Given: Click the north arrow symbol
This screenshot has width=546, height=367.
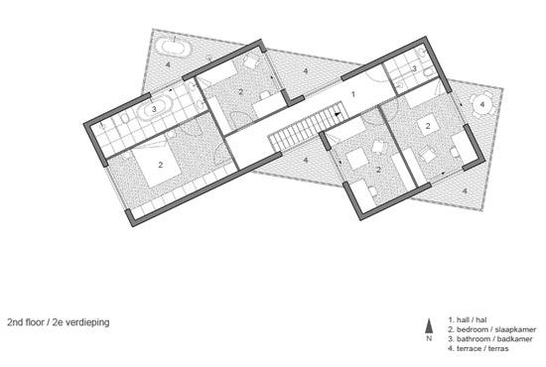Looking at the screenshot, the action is coord(429,326).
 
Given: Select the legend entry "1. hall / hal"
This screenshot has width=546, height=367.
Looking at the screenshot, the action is coord(468,319).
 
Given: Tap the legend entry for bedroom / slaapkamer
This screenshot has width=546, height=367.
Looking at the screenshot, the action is coord(492,329).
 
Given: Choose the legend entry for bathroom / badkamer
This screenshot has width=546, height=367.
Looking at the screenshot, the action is coord(490,339).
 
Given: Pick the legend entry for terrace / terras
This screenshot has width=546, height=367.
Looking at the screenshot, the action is coord(478,348).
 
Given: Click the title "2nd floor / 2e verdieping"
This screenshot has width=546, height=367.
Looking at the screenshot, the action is coord(59,322).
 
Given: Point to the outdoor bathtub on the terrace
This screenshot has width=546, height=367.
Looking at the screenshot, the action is coord(173,47).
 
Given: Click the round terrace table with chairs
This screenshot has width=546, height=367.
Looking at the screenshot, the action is coord(482,104).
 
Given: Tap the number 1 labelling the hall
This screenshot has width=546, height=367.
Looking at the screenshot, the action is coord(353,94).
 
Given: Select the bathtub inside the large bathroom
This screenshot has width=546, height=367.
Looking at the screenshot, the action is coord(154,109).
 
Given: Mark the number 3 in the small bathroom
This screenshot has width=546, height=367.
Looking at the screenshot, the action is coord(414,68).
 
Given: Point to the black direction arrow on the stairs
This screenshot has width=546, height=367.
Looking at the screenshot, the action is coord(337,114).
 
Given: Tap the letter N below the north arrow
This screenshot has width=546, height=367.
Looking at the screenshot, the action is coord(429,338).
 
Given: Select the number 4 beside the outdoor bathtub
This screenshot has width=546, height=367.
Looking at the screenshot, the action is coord(168,64).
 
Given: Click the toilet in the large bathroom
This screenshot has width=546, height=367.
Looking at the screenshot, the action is coord(124,119).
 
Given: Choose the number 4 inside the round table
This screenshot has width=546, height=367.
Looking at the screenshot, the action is coord(482,104).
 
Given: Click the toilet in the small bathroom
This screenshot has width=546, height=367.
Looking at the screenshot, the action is coord(428,72).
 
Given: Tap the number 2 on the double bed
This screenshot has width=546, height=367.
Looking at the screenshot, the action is coord(161,165).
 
